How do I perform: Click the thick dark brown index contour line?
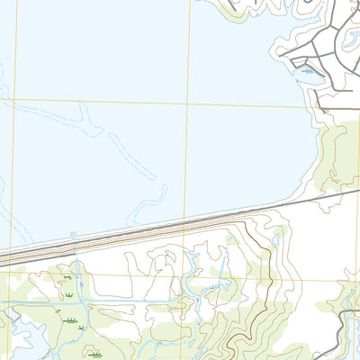tap(261, 247)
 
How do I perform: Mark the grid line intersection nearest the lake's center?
tap(188, 103)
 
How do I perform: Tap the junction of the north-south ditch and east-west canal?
tap(80, 297)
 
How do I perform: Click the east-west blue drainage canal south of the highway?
tap(135, 296)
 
